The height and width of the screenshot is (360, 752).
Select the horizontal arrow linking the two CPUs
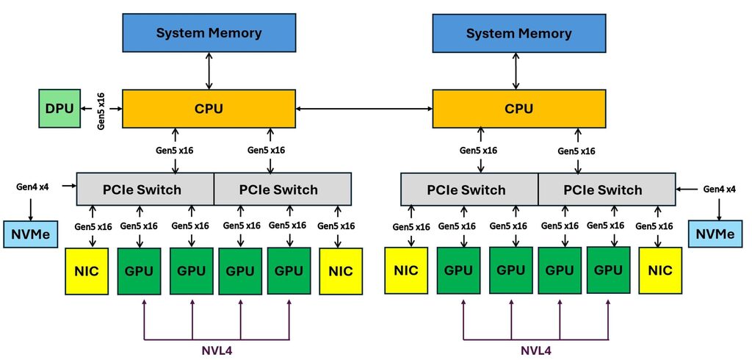pyautogui.click(x=364, y=109)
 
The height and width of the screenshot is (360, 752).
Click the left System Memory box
pyautogui.click(x=209, y=33)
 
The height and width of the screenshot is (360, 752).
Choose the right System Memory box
pyautogui.click(x=518, y=34)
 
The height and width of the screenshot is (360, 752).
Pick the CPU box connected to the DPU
pyautogui.click(x=209, y=109)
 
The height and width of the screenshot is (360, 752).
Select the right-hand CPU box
pyautogui.click(x=518, y=109)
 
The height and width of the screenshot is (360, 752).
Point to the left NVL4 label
pyautogui.click(x=217, y=350)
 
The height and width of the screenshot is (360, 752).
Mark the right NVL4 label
pyautogui.click(x=536, y=350)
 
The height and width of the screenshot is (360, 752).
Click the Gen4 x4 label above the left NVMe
pyautogui.click(x=32, y=187)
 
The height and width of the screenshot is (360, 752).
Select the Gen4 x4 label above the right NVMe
pyautogui.click(x=720, y=189)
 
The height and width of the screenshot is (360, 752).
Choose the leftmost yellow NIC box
pyautogui.click(x=87, y=271)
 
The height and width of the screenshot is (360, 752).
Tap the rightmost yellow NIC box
pyautogui.click(x=660, y=270)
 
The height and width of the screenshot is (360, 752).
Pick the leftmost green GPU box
pyautogui.click(x=140, y=270)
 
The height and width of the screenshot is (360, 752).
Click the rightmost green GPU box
pyautogui.click(x=608, y=270)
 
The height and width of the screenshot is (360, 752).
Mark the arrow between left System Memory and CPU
pyautogui.click(x=209, y=71)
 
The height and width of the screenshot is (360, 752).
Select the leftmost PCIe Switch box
pyautogui.click(x=145, y=190)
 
